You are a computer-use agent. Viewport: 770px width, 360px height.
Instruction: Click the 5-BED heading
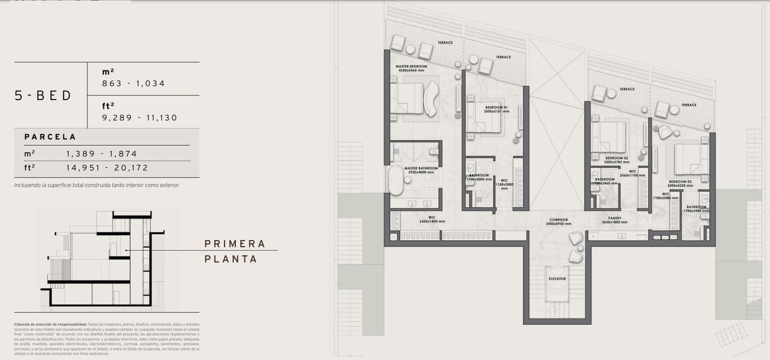coord(43,95)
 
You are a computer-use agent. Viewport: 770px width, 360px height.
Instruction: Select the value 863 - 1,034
coord(133,83)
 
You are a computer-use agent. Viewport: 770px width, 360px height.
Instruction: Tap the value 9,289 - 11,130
coord(140,117)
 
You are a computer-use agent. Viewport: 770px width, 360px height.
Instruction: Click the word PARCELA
coord(50,137)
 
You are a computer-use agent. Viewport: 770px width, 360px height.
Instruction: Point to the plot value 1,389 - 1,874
coord(102,154)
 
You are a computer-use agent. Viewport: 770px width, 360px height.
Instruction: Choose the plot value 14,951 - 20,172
coord(107,167)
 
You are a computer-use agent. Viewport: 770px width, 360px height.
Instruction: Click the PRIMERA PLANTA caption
coord(235,251)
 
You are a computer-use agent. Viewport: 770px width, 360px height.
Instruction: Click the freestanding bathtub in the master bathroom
coord(396,180)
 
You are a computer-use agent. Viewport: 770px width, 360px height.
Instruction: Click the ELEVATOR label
coord(557,279)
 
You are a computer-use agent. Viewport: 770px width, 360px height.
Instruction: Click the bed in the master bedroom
coord(407,99)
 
